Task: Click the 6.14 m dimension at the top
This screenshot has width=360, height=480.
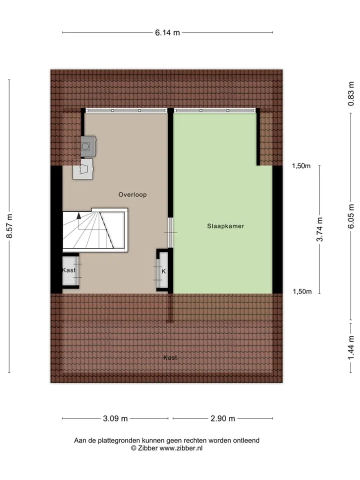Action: click(167, 32)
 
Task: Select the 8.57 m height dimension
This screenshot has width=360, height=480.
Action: click(9, 226)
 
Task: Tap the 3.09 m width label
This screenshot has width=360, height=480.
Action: click(115, 418)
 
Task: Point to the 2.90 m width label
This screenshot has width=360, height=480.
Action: click(222, 418)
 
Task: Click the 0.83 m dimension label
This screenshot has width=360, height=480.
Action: click(351, 93)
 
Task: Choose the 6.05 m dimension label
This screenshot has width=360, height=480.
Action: click(351, 216)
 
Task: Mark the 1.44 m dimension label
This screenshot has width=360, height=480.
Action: click(351, 347)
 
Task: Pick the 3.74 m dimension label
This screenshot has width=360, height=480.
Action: click(319, 229)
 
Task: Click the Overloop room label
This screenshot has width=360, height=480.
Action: click(132, 194)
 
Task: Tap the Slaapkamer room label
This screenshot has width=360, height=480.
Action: click(225, 226)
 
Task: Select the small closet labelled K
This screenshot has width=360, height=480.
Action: click(163, 270)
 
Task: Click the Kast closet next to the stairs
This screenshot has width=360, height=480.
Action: click(70, 270)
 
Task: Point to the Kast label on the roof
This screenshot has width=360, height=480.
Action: click(170, 357)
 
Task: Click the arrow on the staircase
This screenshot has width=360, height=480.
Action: click(79, 215)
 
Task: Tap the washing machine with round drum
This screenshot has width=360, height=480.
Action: click(88, 146)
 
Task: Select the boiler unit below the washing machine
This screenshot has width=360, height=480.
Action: click(83, 168)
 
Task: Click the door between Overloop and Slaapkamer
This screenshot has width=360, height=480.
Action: click(171, 232)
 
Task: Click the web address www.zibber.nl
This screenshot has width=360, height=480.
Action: click(181, 448)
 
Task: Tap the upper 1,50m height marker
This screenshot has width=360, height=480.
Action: click(301, 166)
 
